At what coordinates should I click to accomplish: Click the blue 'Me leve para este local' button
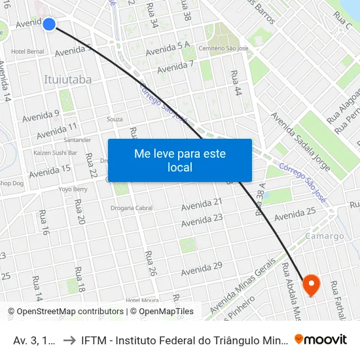(x=180, y=160)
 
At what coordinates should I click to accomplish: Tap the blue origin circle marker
(x=49, y=24)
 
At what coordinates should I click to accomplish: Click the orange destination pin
(x=310, y=285)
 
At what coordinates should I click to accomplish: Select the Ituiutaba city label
(x=67, y=79)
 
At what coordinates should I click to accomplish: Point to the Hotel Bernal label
(x=27, y=51)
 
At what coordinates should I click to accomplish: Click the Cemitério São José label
(x=223, y=48)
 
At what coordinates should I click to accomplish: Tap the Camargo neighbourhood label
(x=324, y=236)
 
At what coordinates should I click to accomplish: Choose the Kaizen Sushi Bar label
(x=55, y=153)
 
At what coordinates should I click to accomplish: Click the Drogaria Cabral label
(x=132, y=208)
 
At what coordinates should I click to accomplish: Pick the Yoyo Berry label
(x=73, y=189)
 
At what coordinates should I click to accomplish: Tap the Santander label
(x=77, y=140)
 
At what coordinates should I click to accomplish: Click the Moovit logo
(x=321, y=339)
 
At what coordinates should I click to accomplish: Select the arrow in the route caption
(x=68, y=340)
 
